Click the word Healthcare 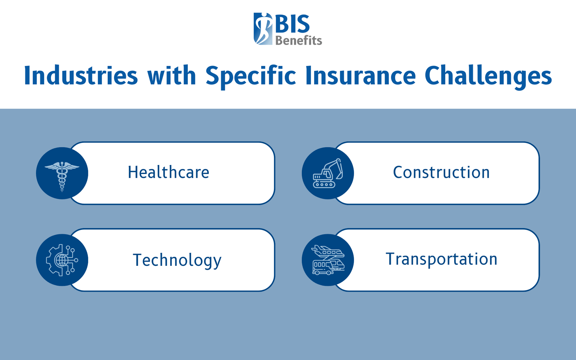coord(168,172)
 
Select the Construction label coord(441,172)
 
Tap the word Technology coord(177,260)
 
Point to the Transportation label coord(441,259)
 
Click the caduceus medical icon coord(62,175)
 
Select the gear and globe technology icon coord(62,260)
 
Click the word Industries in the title coord(81,76)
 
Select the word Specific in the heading coord(250,76)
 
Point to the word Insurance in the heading coord(360,76)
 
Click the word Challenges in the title coord(488,76)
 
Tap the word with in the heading coord(171,76)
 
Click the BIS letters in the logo coord(292,24)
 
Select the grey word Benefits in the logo coord(298,40)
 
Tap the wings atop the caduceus coord(62,166)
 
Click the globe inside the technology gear coord(62,260)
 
